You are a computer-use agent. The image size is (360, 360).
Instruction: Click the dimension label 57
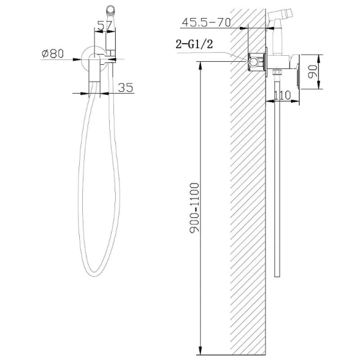(104, 25)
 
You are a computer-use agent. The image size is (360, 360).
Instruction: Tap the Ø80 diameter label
(53, 53)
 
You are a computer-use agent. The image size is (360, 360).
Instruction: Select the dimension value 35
(125, 88)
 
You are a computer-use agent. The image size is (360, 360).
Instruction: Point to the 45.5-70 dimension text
(206, 22)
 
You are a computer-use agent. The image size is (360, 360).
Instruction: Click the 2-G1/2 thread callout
(194, 44)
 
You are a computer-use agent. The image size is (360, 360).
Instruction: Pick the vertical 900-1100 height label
(194, 208)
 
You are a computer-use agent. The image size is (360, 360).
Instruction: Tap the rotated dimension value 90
(313, 71)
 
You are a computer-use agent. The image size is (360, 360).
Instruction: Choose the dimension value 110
(283, 95)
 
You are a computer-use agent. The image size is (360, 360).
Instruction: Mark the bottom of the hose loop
(95, 275)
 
